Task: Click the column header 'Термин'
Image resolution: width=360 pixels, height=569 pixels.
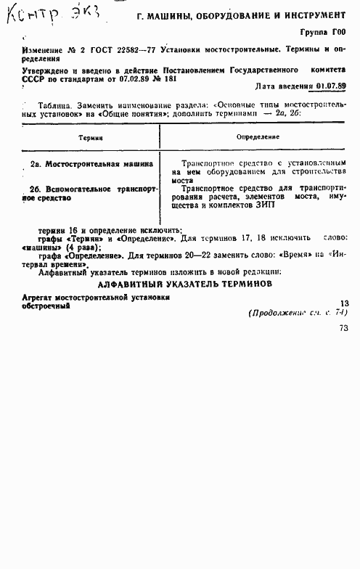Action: coord(90,136)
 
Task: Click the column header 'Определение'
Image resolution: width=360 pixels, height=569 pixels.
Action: coord(258,136)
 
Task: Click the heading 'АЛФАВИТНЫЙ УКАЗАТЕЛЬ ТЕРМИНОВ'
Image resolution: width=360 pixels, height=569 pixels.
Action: coord(180,264)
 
